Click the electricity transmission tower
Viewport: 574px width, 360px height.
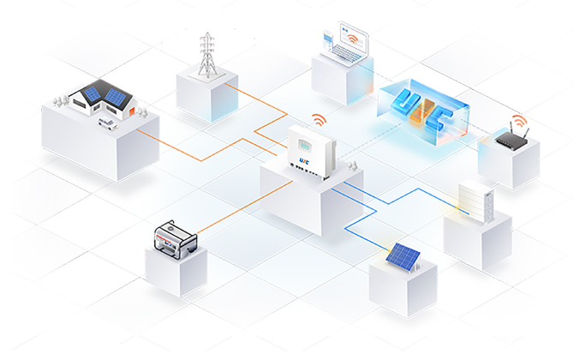(206, 55)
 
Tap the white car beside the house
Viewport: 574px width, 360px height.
(106, 123)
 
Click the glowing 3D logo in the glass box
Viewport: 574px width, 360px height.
(425, 112)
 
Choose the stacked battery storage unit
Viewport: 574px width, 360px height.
(475, 203)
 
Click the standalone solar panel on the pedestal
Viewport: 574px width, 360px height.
(402, 255)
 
